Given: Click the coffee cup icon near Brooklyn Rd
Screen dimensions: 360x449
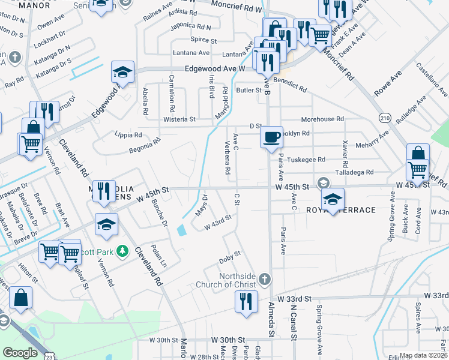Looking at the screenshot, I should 272,136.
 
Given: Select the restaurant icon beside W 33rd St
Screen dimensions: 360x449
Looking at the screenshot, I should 246,302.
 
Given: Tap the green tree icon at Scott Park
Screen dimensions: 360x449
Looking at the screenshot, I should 122,250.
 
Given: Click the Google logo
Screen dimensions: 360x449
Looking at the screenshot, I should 20,353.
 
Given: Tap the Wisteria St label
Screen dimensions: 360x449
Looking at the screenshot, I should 179,119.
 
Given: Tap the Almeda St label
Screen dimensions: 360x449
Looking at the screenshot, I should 271,327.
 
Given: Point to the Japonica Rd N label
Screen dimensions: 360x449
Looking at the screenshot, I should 191,26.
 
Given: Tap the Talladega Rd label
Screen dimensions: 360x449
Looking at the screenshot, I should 353,172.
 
